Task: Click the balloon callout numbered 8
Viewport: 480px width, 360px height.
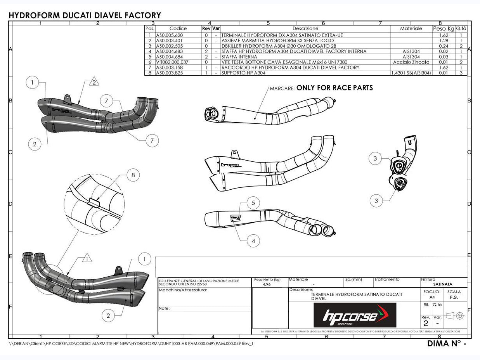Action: pos(133,175)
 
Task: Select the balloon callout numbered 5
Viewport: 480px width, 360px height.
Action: pos(253,202)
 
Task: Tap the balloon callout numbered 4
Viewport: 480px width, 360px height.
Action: pos(253,241)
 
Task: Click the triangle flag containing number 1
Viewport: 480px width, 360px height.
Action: pos(87,258)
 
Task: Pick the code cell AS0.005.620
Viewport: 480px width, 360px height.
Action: pos(169,35)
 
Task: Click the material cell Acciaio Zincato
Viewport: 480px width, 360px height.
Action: pos(411,62)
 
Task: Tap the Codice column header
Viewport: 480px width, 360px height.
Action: pos(178,29)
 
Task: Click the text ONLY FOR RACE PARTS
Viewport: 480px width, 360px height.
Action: pos(334,88)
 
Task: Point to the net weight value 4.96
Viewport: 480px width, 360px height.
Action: pos(267,284)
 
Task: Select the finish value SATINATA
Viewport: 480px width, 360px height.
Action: pos(442,284)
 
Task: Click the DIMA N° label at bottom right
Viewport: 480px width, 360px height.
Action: pos(446,343)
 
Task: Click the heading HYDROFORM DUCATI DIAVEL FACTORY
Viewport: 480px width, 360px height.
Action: pos(85,16)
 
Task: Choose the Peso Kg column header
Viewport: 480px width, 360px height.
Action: pos(443,29)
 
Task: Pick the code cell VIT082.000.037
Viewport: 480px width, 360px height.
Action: pos(172,62)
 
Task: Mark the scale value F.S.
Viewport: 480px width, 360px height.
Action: pos(454,297)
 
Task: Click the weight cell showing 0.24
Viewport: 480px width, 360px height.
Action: pos(444,46)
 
